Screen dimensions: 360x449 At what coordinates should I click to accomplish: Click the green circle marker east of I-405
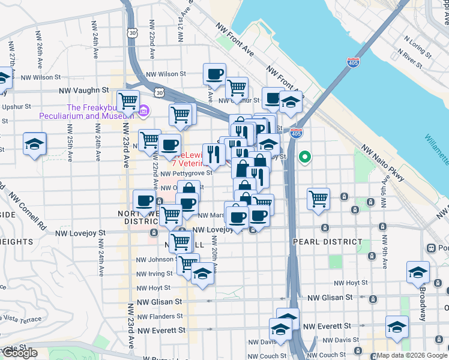pyautogui.click(x=305, y=158)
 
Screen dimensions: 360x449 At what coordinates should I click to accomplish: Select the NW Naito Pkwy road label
pyautogui.click(x=384, y=162)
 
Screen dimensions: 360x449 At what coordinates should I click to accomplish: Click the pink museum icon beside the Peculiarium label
pyautogui.click(x=143, y=111)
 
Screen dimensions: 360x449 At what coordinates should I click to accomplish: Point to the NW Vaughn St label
pyautogui.click(x=82, y=91)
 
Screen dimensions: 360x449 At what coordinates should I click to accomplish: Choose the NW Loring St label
pyautogui.click(x=418, y=46)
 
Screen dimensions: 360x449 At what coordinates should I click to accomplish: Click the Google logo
pyautogui.click(x=20, y=353)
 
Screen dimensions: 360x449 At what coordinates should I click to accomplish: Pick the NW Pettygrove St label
pyautogui.click(x=186, y=173)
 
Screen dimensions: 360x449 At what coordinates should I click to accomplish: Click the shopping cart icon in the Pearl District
pyautogui.click(x=318, y=199)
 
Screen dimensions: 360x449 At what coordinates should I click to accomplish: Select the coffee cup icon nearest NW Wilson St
pyautogui.click(x=214, y=74)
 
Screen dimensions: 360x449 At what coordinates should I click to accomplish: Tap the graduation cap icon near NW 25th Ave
pyautogui.click(x=34, y=143)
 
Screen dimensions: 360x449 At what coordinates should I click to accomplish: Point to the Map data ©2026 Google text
pyautogui.click(x=412, y=355)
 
